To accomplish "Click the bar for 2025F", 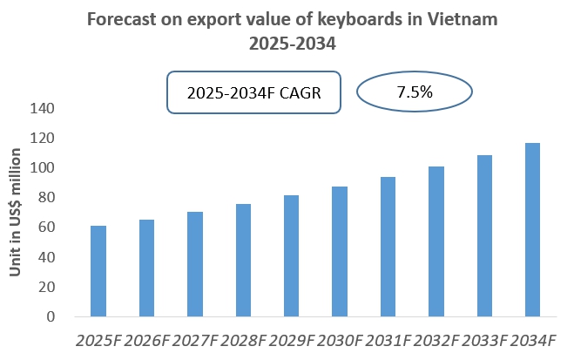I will (x=98, y=271).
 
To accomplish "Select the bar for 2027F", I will (x=195, y=264).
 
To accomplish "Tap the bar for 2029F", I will (x=292, y=256).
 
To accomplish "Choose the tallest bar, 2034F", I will (x=532, y=230).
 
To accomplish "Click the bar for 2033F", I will (x=484, y=236).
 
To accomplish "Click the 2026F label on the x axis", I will (x=146, y=339).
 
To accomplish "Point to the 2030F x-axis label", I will (x=340, y=339).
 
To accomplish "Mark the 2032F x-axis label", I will (x=436, y=339).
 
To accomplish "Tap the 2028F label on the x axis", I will (x=243, y=339).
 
